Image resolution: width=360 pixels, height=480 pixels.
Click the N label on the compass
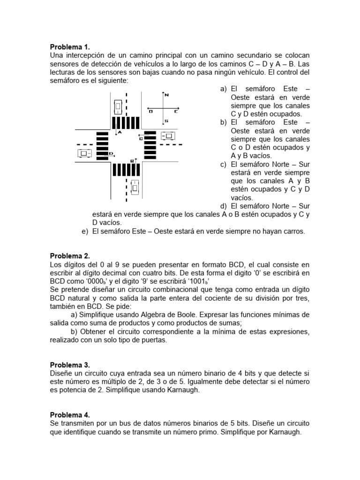point(167,95)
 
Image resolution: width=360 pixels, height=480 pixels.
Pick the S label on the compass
point(166,121)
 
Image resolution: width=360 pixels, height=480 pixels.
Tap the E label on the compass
point(176,112)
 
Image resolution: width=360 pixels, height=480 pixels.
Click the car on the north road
point(119,107)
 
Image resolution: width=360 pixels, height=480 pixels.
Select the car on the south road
point(135,187)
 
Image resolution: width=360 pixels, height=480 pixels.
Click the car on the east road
point(167,136)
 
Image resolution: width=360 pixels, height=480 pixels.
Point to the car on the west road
point(85,153)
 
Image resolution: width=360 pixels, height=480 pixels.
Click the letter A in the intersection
point(120,133)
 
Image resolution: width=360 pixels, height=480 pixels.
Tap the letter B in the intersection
point(132,161)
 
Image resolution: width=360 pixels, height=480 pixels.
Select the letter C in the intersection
point(141,138)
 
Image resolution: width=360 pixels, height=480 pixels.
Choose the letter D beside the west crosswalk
point(111,153)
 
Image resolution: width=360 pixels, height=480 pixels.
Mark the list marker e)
point(85,232)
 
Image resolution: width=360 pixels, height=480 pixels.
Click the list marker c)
point(223,164)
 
